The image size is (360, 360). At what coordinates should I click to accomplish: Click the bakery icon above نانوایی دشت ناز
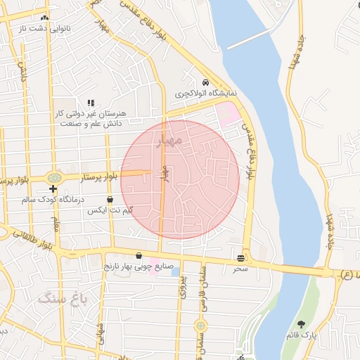(x=45, y=18)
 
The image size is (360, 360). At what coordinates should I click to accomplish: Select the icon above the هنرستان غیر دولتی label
(x=90, y=103)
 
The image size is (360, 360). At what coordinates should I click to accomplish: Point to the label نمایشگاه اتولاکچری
(x=205, y=93)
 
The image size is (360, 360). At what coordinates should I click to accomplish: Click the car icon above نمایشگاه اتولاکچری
(x=205, y=82)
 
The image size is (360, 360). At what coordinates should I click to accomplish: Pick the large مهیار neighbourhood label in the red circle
(x=170, y=141)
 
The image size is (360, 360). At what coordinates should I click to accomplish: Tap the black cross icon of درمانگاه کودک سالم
(x=53, y=189)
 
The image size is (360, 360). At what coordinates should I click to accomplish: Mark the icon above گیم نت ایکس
(x=110, y=200)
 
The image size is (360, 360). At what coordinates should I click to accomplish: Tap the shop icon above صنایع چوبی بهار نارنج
(x=139, y=256)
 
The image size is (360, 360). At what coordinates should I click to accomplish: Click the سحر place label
(x=241, y=269)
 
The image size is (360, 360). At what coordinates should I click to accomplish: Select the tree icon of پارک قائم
(x=302, y=325)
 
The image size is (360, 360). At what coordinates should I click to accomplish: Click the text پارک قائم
(x=302, y=335)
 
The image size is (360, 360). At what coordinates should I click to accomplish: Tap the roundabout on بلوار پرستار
(x=53, y=178)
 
